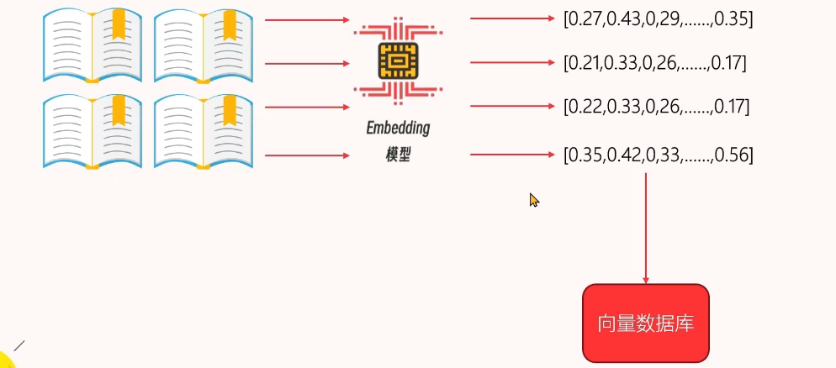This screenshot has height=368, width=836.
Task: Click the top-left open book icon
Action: click(93, 46)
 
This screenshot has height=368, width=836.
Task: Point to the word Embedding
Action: click(398, 129)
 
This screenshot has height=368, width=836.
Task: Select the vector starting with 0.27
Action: click(658, 18)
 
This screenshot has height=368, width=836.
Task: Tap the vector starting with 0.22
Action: click(656, 107)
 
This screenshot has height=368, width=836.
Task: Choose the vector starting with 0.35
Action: click(658, 155)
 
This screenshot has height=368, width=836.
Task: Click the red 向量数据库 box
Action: click(646, 323)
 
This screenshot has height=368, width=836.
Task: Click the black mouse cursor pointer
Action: click(533, 200)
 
